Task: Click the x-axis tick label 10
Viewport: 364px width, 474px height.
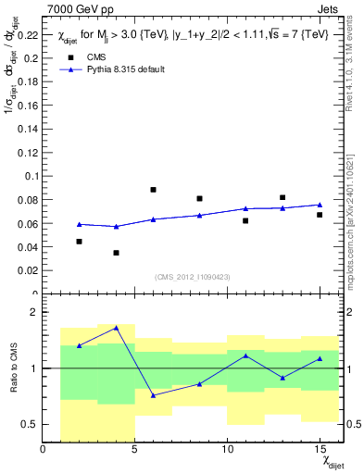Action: [227, 450]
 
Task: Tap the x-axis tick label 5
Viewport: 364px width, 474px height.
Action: [135, 450]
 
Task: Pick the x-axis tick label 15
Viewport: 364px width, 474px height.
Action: [320, 450]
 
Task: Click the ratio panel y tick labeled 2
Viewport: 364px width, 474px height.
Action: [36, 312]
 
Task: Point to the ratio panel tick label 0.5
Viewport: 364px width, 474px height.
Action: [31, 424]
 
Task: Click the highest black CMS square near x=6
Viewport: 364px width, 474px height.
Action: [153, 190]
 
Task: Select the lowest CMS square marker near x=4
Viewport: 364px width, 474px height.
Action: [116, 253]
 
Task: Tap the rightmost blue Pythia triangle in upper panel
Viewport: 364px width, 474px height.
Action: [320, 205]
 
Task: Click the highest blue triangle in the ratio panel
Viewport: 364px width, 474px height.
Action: [116, 328]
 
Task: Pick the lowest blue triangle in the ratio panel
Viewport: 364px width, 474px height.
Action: [153, 395]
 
